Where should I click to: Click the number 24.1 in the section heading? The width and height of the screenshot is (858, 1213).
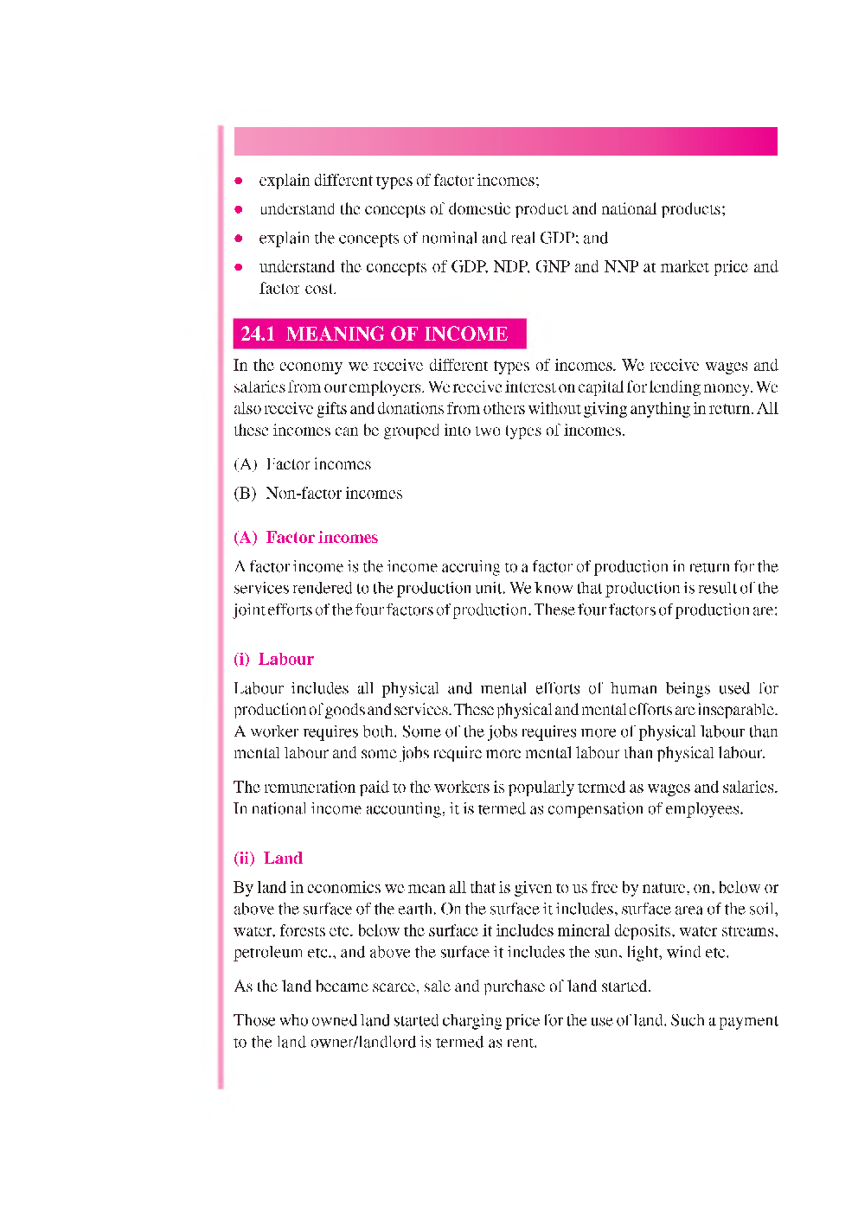(258, 334)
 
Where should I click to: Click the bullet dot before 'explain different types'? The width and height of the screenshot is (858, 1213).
(239, 181)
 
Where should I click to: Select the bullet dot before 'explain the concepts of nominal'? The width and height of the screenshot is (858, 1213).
(239, 239)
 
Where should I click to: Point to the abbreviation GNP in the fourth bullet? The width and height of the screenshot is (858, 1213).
(552, 267)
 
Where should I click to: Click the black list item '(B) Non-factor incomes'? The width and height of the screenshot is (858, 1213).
(318, 494)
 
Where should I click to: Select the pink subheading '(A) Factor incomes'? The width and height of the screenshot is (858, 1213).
(305, 538)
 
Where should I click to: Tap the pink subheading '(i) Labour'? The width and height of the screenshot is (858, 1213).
(273, 660)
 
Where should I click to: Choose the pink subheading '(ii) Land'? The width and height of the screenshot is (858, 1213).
(268, 859)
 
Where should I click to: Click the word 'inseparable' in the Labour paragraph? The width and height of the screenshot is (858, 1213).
(737, 710)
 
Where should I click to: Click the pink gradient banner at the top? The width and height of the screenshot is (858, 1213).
(505, 141)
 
